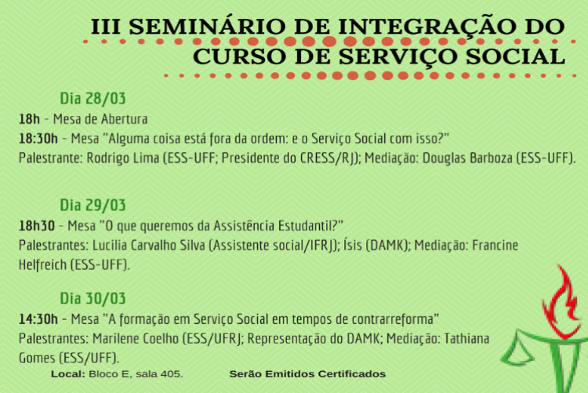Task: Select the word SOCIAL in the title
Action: pyautogui.click(x=515, y=56)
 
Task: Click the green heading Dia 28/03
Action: pyautogui.click(x=93, y=98)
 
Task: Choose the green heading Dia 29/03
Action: pyautogui.click(x=93, y=206)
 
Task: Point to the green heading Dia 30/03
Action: pyautogui.click(x=93, y=299)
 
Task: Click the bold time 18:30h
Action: pyautogui.click(x=38, y=139)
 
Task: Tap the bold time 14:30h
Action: pyautogui.click(x=38, y=319)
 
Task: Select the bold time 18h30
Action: pyautogui.click(x=37, y=227)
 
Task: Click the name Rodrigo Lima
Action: pyautogui.click(x=123, y=158)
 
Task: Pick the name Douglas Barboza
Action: pyautogui.click(x=467, y=158)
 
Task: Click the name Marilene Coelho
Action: pyautogui.click(x=136, y=339)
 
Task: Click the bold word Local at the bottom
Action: pyautogui.click(x=68, y=374)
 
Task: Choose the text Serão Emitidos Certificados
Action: pyautogui.click(x=307, y=374)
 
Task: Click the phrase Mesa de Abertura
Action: pyautogui.click(x=100, y=119)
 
